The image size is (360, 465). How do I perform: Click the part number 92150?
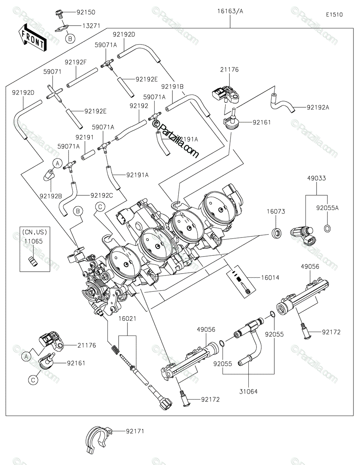click(x=86, y=12)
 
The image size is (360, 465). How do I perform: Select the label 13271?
click(x=91, y=26)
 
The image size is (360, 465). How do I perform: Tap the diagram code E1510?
click(x=334, y=15)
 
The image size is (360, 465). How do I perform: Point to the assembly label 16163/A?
click(x=230, y=11)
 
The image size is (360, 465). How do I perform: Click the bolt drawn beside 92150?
click(x=59, y=14)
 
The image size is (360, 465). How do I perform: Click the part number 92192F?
click(x=76, y=62)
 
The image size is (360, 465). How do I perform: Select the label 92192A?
click(x=318, y=107)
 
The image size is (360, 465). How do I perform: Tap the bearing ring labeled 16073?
click(x=276, y=233)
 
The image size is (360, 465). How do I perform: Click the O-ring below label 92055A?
click(x=327, y=229)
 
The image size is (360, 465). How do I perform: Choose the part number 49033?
click(x=317, y=178)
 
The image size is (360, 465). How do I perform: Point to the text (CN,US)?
click(x=34, y=232)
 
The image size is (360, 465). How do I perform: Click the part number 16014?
click(x=270, y=277)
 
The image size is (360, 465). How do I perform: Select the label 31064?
click(x=248, y=392)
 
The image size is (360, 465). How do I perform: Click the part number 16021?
click(x=127, y=319)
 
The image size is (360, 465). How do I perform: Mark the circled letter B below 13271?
click(x=70, y=39)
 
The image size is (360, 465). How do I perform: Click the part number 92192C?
click(x=102, y=195)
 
